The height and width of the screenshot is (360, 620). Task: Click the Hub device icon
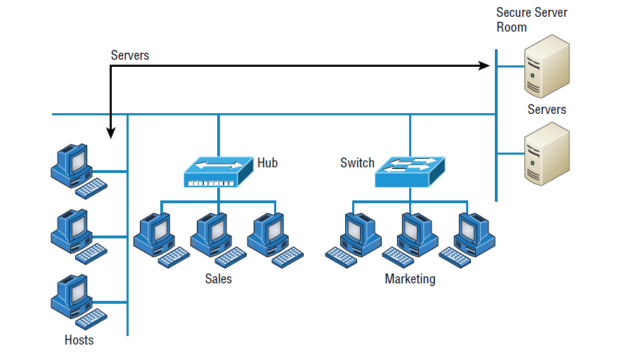pos(218,172)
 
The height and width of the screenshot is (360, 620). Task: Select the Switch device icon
pos(410,172)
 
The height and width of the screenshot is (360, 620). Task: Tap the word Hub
pos(267,163)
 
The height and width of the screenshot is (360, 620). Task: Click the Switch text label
pos(357,163)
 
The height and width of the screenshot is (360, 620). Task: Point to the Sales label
pos(218,279)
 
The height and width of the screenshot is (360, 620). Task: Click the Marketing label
pos(410,279)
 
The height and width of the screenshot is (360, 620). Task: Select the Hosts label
pos(79,340)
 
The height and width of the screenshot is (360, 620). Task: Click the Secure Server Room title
pos(531,20)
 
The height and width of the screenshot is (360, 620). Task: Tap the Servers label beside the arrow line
pos(130,56)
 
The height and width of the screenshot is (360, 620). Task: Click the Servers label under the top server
pos(546,110)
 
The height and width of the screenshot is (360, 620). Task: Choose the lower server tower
pos(546,153)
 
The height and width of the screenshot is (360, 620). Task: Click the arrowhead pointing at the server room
pos(484,66)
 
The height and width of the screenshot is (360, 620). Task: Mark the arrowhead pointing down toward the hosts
pos(110,132)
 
